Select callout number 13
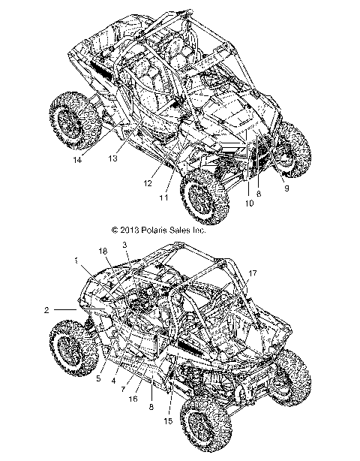coord(114,158)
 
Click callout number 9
coord(286,188)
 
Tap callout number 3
coord(124,246)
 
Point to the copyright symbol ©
coord(115,231)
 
